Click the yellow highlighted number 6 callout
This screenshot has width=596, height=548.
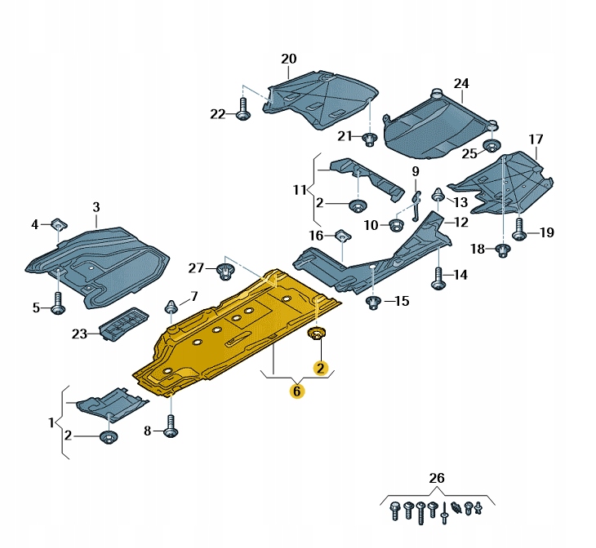point(296,391)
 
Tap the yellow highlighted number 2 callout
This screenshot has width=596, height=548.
point(320,369)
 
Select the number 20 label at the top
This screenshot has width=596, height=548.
point(289,59)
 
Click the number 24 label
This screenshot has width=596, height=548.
point(461,84)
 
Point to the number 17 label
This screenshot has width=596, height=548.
point(535,139)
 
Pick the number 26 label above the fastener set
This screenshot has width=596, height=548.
point(438,477)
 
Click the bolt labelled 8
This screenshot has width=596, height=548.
point(171,426)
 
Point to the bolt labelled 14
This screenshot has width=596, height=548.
point(438,277)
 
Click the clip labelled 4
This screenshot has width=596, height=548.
point(58,223)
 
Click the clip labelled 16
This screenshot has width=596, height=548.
point(341,236)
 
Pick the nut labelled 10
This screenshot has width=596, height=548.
point(398,224)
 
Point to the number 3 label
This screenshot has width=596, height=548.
point(96,208)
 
